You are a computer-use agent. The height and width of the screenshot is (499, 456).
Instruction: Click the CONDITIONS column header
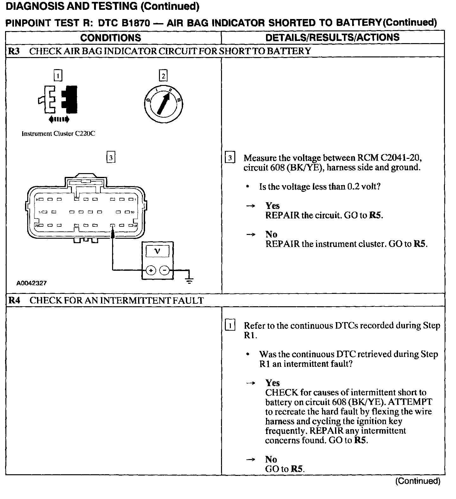click(111, 38)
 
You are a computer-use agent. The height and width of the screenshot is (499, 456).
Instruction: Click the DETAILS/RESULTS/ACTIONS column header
click(332, 37)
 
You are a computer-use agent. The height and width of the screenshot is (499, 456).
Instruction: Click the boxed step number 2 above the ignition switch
click(163, 76)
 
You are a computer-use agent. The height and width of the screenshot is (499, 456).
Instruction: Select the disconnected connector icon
click(58, 100)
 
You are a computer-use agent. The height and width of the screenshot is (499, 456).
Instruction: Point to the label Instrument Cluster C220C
click(58, 134)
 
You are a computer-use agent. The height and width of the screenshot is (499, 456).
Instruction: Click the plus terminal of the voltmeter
click(151, 270)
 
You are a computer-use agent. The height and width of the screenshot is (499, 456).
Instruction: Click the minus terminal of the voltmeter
click(164, 270)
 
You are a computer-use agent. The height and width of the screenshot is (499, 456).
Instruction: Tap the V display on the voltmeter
click(157, 251)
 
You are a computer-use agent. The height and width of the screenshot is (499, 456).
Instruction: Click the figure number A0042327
click(32, 283)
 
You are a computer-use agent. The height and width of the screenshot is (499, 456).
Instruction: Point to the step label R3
click(14, 51)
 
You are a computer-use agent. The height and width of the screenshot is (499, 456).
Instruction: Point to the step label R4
click(14, 301)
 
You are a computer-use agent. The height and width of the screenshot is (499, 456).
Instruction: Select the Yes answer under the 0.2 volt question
click(272, 206)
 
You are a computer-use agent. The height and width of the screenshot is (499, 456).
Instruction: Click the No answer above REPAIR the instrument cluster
click(271, 234)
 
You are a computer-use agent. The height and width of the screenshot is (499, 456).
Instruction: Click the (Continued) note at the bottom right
click(418, 481)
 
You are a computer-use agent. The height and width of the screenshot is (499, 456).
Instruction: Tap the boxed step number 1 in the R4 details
click(230, 326)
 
